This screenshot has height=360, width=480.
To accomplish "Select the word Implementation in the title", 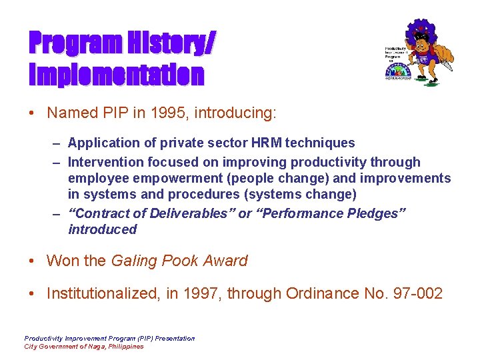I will [x=116, y=74].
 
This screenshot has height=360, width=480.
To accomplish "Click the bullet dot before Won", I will [x=32, y=261].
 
